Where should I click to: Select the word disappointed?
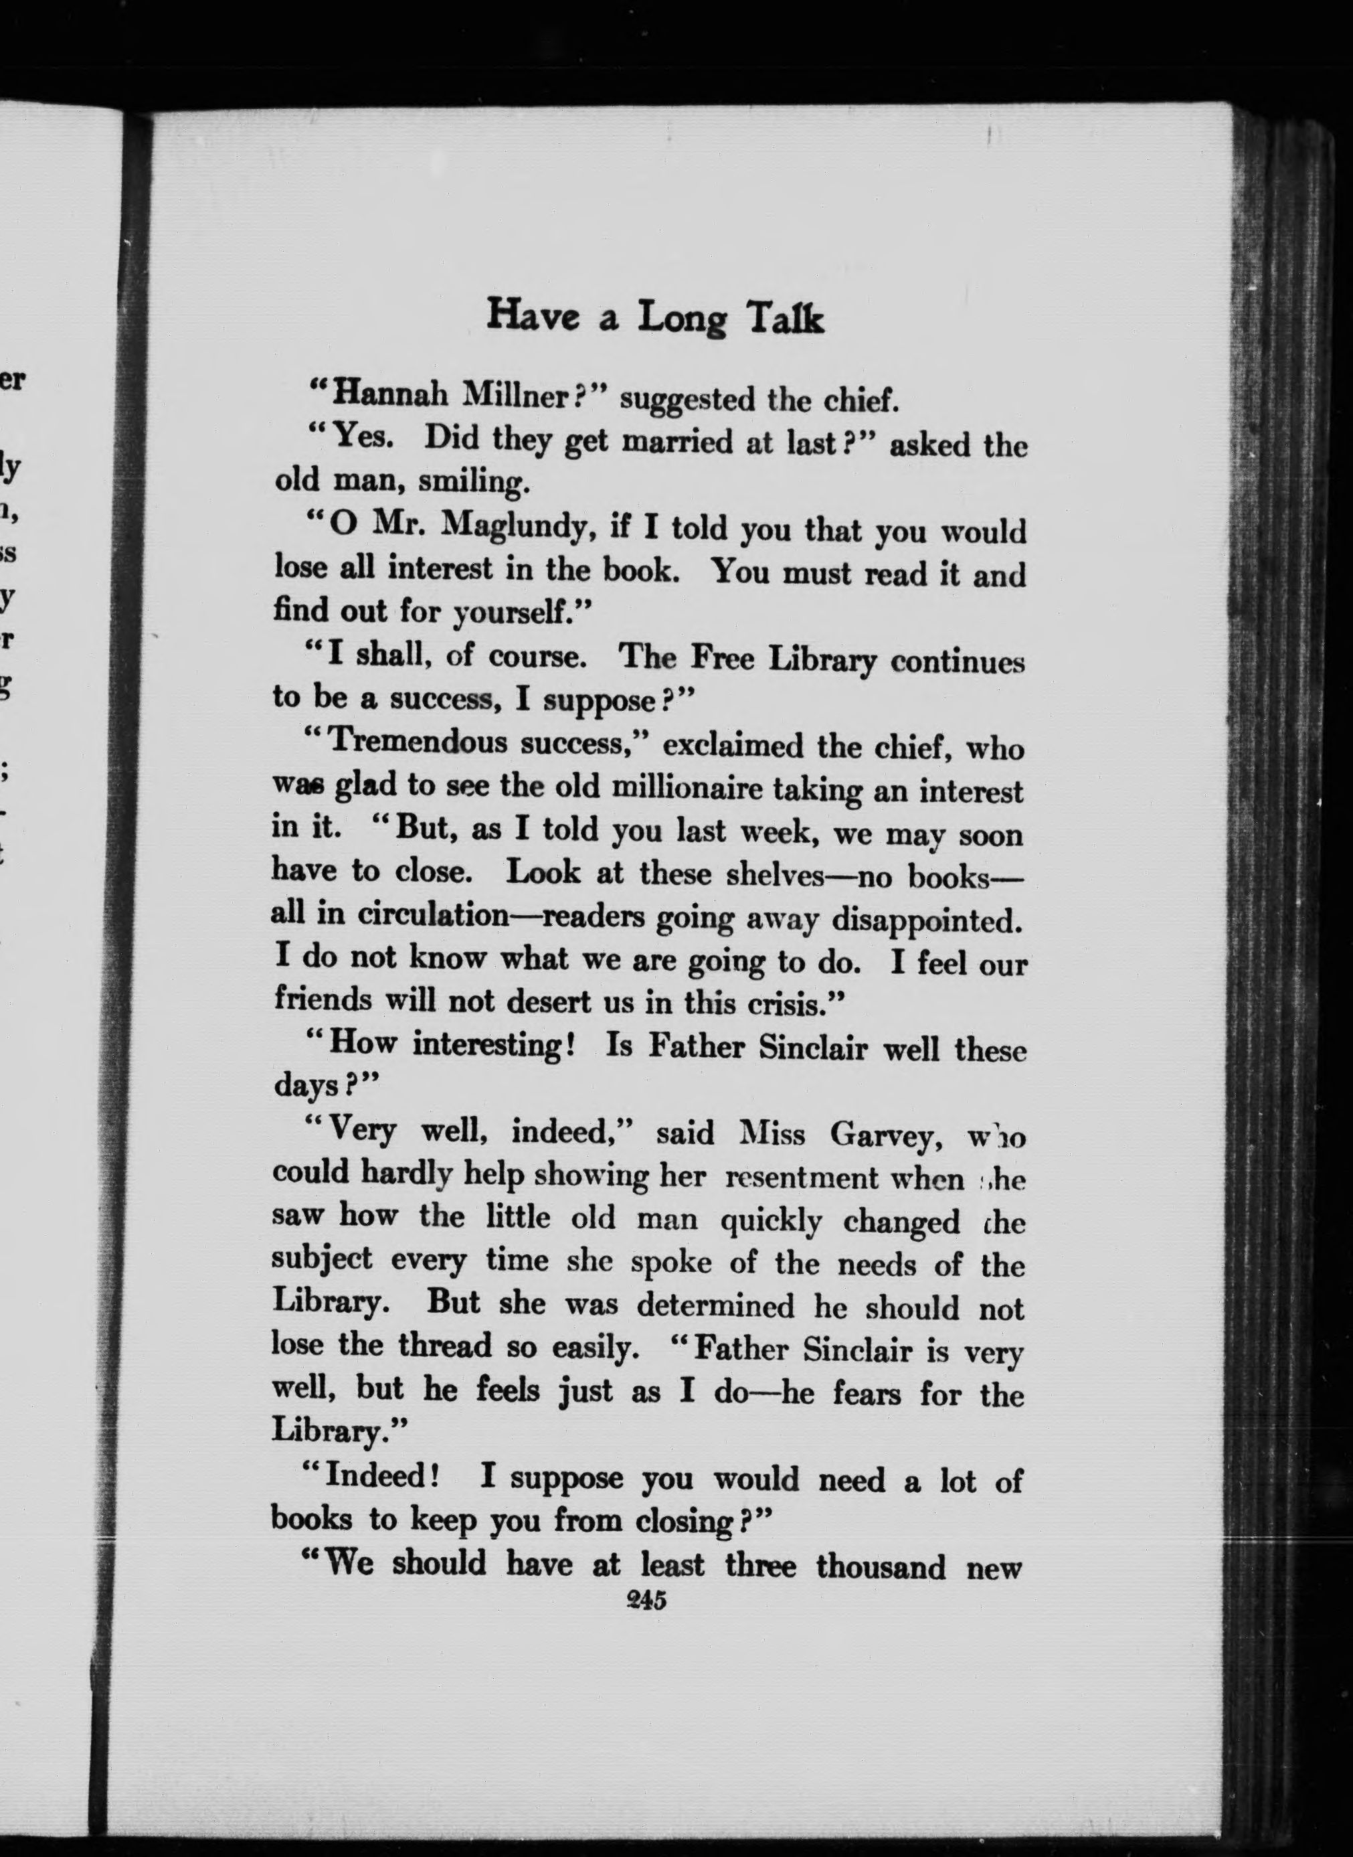click(927, 920)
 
